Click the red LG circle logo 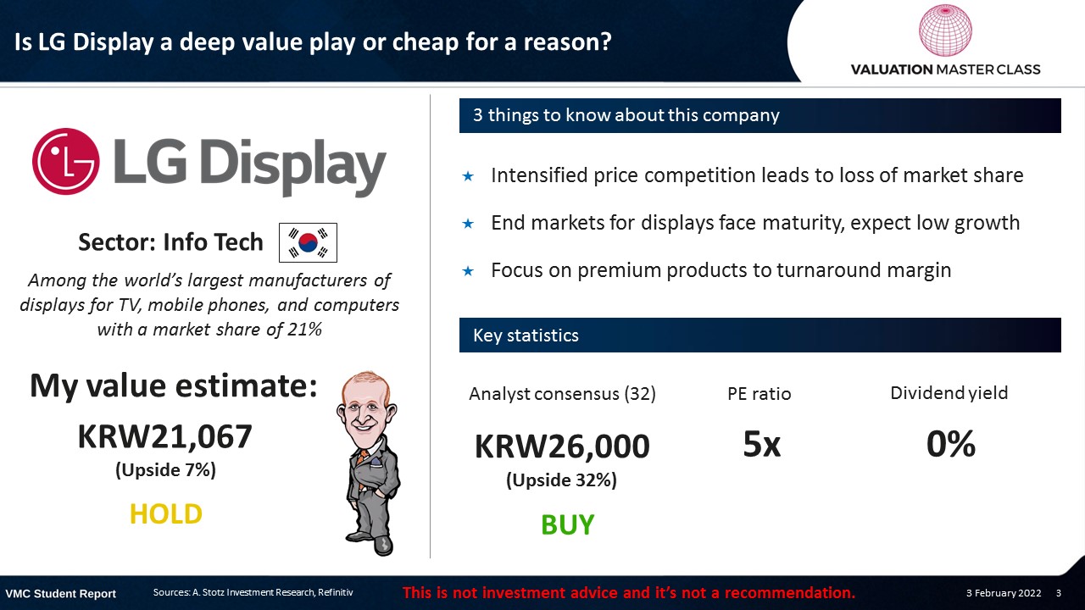coord(66,161)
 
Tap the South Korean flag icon coord(308,242)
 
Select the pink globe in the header coord(945,30)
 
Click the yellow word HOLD coord(165,513)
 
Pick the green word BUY coord(567,524)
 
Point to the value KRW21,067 coord(164,436)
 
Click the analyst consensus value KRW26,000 coord(562,446)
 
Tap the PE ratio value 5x coord(761,444)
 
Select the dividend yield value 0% coord(950,444)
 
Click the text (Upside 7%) coord(165,470)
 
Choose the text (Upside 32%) coord(561,480)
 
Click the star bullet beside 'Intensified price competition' coord(468,176)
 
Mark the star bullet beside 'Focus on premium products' coord(468,270)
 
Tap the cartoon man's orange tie coord(362,458)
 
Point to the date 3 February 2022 coord(1004,593)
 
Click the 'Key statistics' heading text coord(526,335)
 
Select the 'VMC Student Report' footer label coord(60,594)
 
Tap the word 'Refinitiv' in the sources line coord(335,592)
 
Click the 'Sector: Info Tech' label coord(170,242)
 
